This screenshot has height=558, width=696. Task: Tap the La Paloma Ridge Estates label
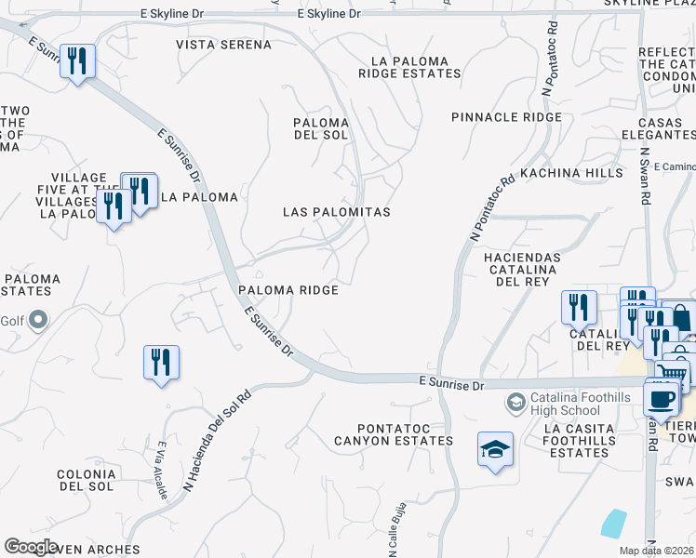415,67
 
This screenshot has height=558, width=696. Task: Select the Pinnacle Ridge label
506,117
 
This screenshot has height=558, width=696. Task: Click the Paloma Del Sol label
320,128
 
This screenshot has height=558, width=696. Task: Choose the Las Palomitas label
336,212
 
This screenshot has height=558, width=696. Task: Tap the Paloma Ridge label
287,290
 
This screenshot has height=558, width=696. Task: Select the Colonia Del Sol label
86,480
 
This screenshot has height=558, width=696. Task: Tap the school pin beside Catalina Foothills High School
515,403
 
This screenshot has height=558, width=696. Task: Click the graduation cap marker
496,449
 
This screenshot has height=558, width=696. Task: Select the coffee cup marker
662,397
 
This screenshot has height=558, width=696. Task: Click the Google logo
31,546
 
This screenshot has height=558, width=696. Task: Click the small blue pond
614,523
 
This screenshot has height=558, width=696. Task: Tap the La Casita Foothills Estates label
579,440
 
